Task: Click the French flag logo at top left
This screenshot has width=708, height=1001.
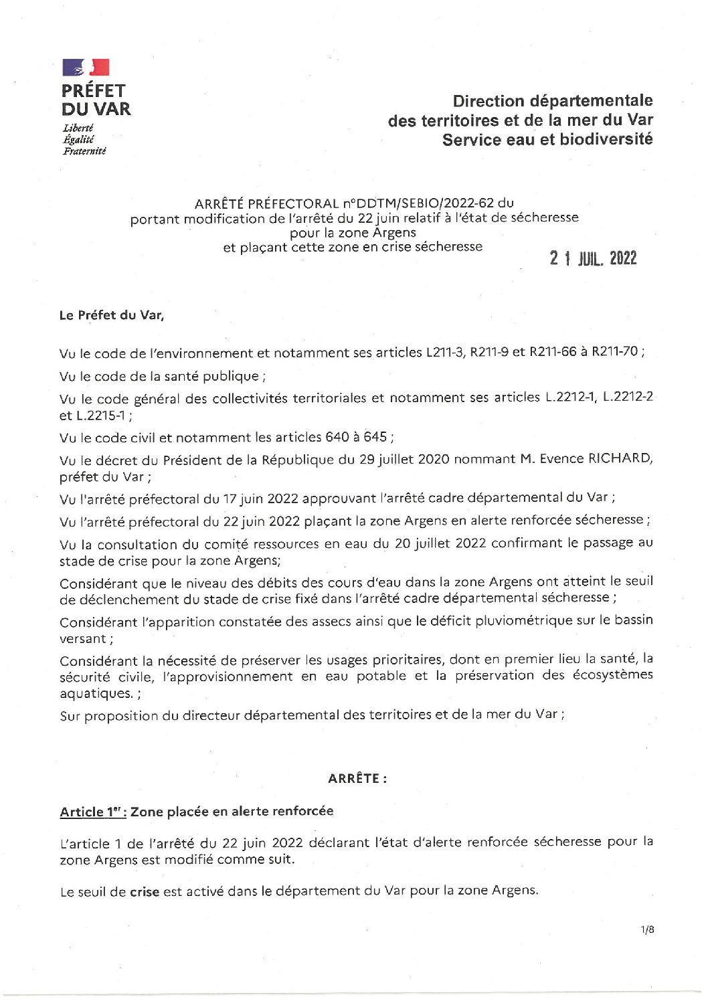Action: click(86, 68)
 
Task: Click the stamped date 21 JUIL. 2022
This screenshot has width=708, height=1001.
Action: click(593, 259)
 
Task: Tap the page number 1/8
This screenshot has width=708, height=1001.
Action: click(646, 929)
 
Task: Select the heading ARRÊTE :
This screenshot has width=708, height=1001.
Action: click(357, 778)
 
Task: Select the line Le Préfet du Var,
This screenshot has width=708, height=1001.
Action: click(112, 315)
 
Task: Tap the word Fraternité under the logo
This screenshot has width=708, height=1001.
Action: click(84, 151)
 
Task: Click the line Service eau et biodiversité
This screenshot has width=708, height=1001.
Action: click(547, 140)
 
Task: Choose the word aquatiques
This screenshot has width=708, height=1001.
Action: click(95, 694)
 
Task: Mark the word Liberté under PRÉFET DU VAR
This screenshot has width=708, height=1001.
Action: click(78, 128)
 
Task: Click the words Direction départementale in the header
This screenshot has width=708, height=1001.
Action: click(552, 101)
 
